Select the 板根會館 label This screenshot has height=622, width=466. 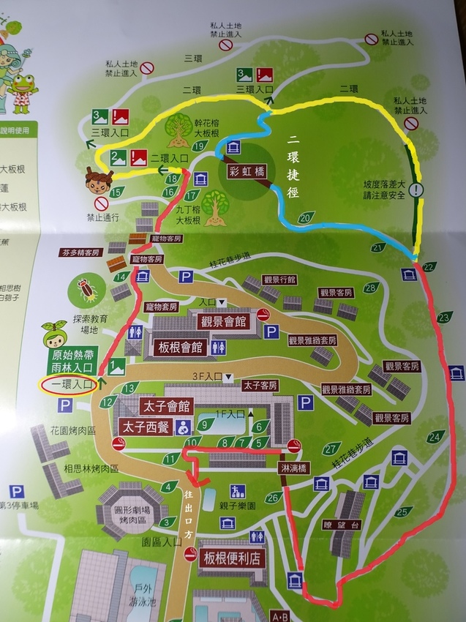(x=178, y=348)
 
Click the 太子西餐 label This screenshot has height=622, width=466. (x=146, y=424)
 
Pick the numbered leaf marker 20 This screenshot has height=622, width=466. (x=307, y=217)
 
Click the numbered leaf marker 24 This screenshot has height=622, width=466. (x=436, y=437)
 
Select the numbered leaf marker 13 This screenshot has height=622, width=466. (x=131, y=387)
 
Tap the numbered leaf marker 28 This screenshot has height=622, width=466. (x=370, y=288)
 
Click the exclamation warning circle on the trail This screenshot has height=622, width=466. (x=416, y=189)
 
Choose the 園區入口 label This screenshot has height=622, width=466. (x=162, y=542)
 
